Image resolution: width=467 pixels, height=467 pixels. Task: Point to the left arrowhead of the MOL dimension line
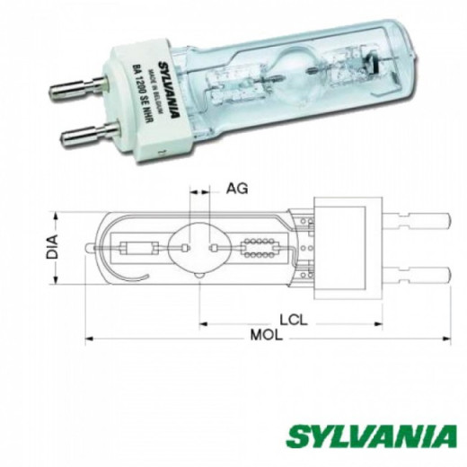tap(91, 339)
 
